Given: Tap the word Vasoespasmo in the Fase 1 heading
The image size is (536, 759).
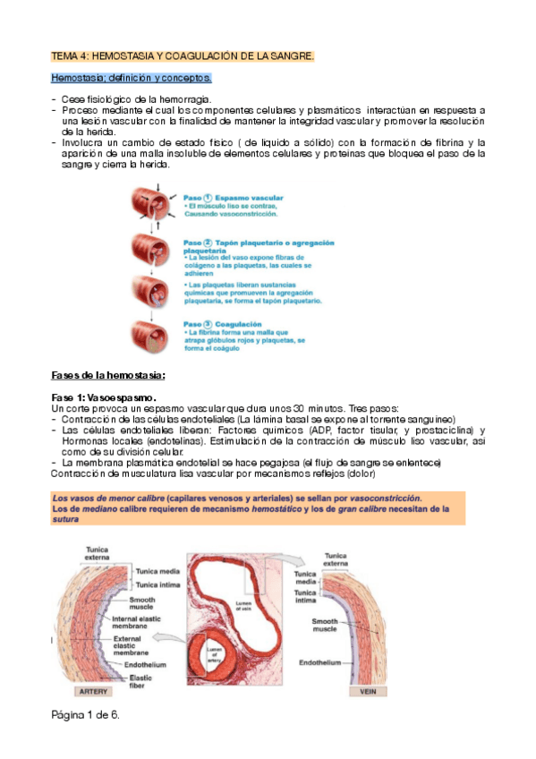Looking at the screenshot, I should pyautogui.click(x=121, y=396).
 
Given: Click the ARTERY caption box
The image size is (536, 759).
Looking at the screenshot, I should pyautogui.click(x=94, y=692).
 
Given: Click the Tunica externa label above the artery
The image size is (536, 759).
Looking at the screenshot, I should pyautogui.click(x=98, y=554).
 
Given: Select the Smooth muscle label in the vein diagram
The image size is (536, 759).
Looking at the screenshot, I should pyautogui.click(x=324, y=626).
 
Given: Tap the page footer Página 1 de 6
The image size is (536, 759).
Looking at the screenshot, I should pyautogui.click(x=86, y=715).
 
